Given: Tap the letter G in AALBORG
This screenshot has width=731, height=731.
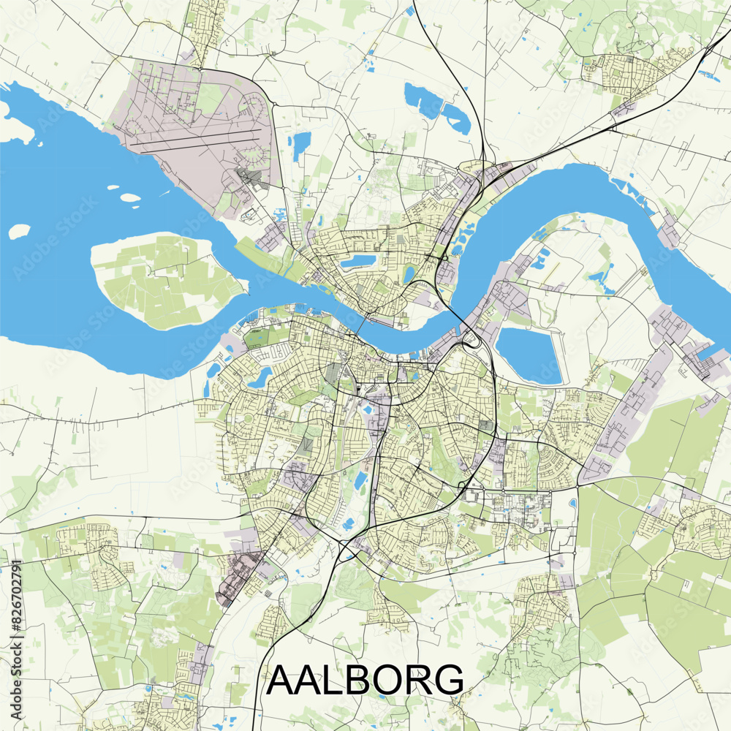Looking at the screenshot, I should pos(447,680).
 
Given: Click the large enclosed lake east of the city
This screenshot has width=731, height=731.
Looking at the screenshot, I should pos(529,355).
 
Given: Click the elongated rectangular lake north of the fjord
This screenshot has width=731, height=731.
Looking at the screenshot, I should pos(357,260).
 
